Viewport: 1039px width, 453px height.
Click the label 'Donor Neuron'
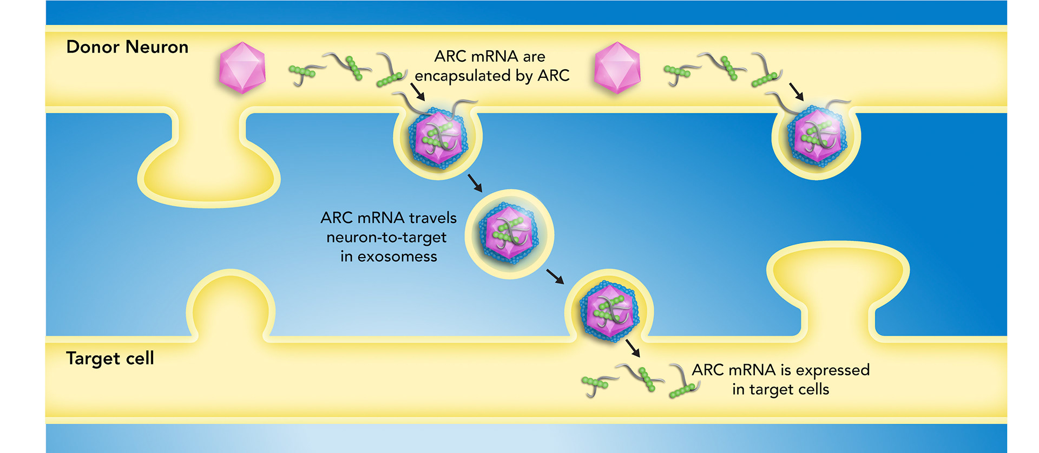click(x=127, y=47)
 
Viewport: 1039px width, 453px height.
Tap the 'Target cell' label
click(x=110, y=358)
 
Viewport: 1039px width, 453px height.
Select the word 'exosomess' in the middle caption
click(x=397, y=257)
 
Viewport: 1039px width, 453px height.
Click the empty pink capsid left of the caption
click(x=242, y=68)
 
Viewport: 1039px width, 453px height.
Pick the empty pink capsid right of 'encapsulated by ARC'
click(x=617, y=68)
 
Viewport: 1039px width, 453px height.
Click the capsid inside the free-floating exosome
click(x=509, y=233)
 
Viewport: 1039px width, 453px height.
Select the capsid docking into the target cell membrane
click(x=609, y=312)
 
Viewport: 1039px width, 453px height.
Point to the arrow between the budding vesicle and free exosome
click(x=475, y=182)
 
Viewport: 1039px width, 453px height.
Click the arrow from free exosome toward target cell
click(x=555, y=276)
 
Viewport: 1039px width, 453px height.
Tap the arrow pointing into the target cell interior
click(x=633, y=348)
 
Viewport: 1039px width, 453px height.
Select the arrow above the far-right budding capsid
click(x=796, y=91)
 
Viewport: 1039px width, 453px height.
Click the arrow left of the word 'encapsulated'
click(x=417, y=91)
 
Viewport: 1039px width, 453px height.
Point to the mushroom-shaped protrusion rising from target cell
click(x=838, y=281)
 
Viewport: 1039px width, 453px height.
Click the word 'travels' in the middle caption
click(x=432, y=218)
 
